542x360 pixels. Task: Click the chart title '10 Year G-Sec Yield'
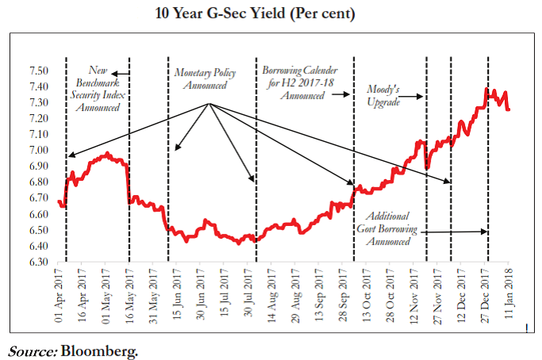click(x=270, y=14)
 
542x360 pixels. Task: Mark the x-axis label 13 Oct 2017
click(x=367, y=293)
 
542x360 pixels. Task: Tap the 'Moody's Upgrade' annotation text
click(x=384, y=95)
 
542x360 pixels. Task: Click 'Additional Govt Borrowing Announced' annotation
click(x=387, y=228)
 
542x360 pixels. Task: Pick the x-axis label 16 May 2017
click(x=128, y=293)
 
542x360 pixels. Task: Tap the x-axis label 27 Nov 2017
click(x=437, y=293)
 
